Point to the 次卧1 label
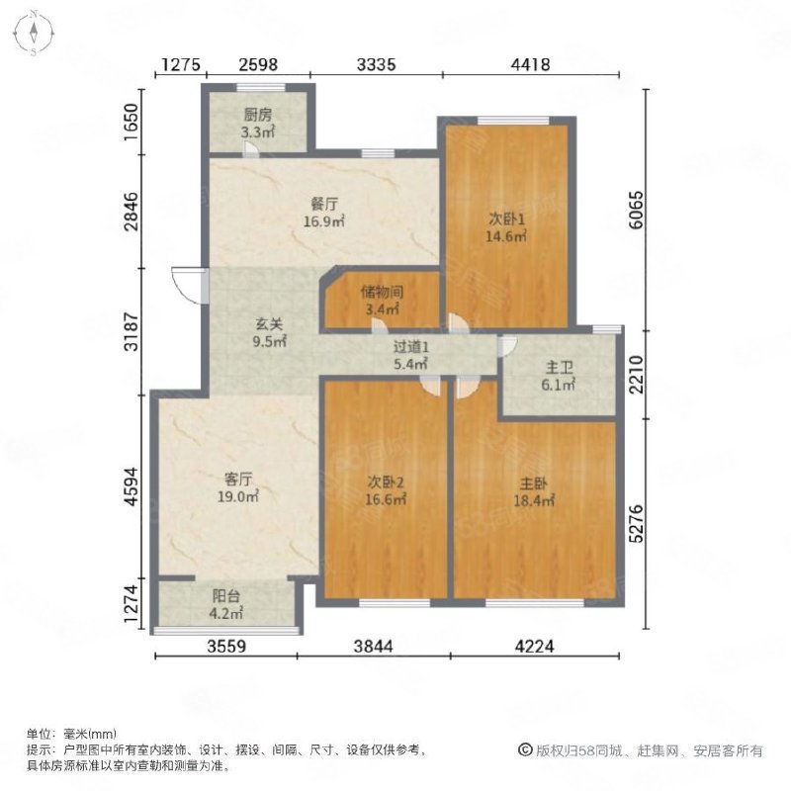pos(505,226)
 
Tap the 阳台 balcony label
pos(227,604)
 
